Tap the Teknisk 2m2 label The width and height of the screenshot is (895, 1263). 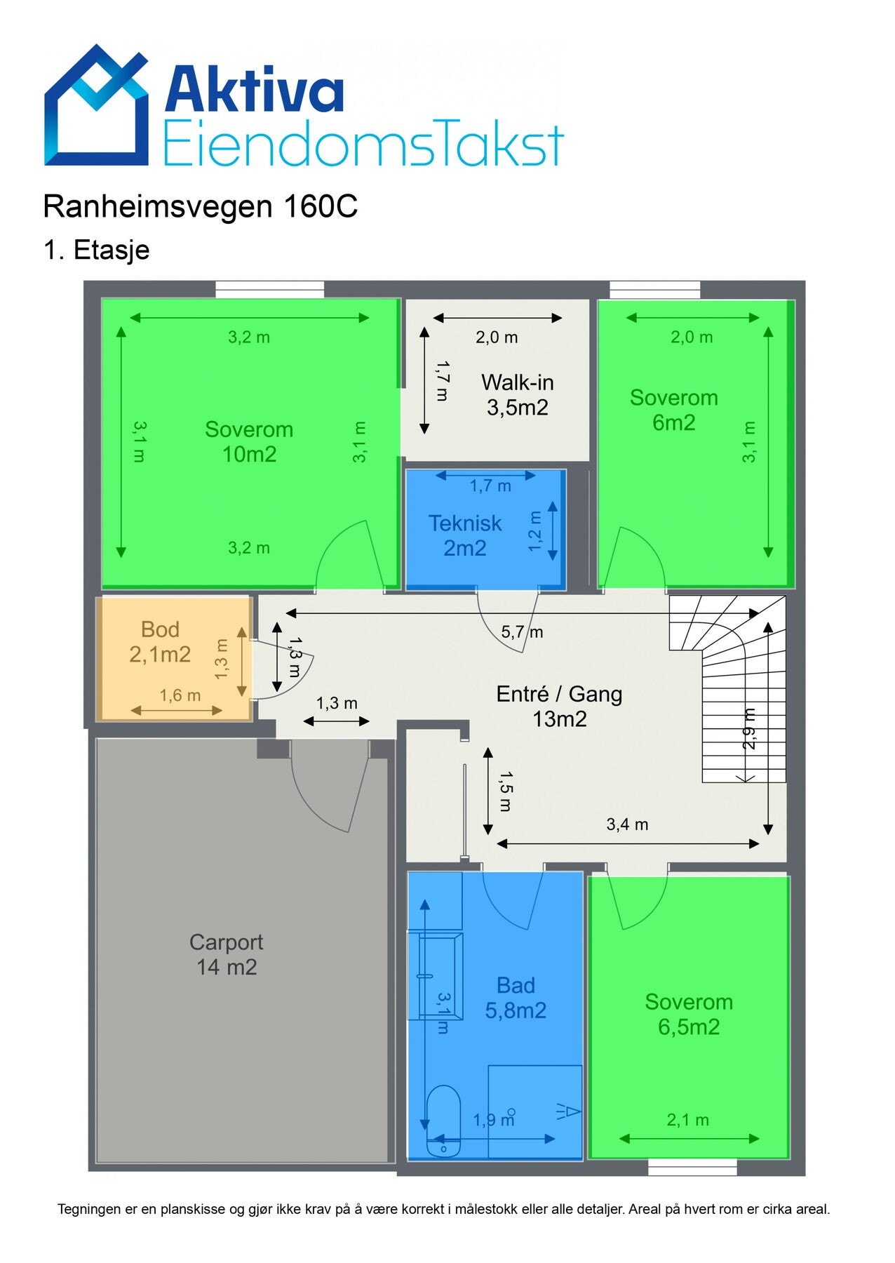coord(465,535)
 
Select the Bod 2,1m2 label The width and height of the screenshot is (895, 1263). coord(160,641)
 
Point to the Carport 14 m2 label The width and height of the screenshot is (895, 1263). coord(226,954)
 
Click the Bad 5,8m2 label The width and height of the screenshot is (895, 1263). coord(516,998)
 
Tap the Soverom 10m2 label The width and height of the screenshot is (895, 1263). coord(249,441)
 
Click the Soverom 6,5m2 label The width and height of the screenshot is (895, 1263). coord(689,1014)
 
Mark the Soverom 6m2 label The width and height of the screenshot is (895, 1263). coord(673,410)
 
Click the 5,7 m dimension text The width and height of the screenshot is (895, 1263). coord(522,631)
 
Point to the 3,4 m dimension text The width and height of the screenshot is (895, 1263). coord(627,824)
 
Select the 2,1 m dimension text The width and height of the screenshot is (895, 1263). coord(687,1121)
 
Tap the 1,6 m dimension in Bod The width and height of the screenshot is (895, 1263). coord(180,695)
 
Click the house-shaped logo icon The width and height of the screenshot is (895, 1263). coord(97,105)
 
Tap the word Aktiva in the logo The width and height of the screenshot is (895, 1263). coord(255,88)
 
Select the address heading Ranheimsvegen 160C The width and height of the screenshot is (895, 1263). coord(201,206)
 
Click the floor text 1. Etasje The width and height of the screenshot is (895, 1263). coord(97,250)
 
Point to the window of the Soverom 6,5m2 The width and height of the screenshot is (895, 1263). coord(692,1167)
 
